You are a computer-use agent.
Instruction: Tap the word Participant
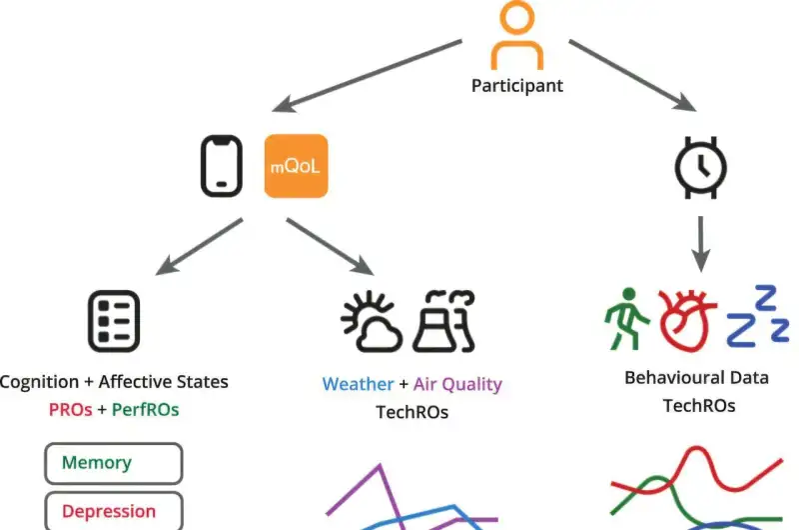517,86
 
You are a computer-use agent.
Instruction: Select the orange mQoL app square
296,166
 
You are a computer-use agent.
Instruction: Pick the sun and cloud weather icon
372,321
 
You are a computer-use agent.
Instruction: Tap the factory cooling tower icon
443,321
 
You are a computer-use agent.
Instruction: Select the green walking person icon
627,319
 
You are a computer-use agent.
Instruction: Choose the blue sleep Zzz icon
758,316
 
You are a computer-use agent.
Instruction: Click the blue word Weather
359,384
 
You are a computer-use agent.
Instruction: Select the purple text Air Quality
457,385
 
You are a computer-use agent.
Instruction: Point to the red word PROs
70,410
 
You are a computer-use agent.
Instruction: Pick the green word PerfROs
145,410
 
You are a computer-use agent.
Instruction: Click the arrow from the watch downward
701,244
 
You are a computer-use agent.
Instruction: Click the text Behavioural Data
696,378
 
